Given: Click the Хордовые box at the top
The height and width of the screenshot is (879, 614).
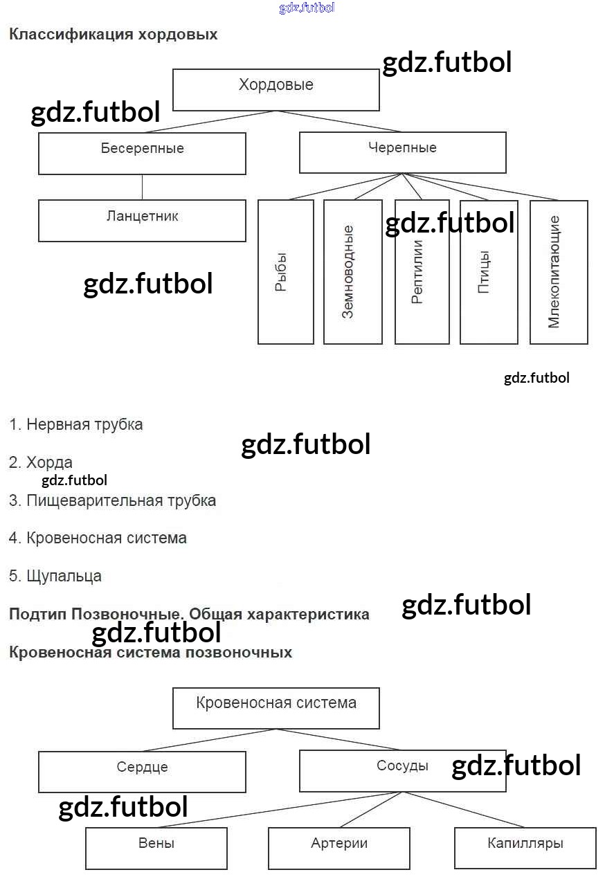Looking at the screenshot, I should click(276, 89).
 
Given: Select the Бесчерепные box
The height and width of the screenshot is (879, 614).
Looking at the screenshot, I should click(142, 154).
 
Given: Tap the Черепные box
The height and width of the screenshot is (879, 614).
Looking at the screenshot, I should click(402, 152).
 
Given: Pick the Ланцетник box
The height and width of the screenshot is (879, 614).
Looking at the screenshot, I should click(142, 221).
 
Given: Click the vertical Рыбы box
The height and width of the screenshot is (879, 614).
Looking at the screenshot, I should click(285, 272).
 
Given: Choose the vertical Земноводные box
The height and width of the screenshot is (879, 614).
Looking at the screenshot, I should click(352, 272).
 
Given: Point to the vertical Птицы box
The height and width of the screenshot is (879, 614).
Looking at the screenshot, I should click(489, 272).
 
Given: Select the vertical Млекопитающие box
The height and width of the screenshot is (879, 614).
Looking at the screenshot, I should click(559, 272).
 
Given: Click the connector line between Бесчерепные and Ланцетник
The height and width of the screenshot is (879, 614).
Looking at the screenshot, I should click(143, 187).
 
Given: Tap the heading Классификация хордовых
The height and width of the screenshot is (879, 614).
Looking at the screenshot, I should click(113, 35).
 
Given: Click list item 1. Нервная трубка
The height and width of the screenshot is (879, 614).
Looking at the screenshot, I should click(76, 424).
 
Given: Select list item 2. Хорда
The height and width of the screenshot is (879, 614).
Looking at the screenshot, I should click(41, 462).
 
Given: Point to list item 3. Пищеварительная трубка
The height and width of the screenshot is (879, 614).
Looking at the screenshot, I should click(113, 500).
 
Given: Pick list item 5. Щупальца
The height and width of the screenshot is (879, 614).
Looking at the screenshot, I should click(55, 576).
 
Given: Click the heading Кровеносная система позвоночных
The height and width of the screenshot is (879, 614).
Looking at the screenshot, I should click(150, 652).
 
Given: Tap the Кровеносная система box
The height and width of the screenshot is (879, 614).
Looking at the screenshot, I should click(276, 708).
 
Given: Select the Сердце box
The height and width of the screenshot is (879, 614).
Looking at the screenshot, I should click(142, 772).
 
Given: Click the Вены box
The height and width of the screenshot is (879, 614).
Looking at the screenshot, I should click(156, 848).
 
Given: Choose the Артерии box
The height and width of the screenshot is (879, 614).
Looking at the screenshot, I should click(339, 848).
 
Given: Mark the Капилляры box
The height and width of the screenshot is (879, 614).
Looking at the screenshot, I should click(525, 848).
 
